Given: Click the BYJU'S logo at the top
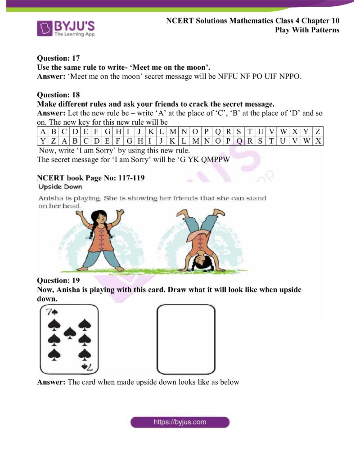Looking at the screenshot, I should coord(66,27).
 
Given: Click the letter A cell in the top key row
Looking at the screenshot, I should coord(42,132).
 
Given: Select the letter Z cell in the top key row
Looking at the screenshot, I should coord(318,132).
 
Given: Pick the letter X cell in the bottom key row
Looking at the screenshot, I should coord(318,141).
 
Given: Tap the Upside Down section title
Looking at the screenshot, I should coord(60,186).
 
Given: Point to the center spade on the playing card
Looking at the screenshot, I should coord(69,333).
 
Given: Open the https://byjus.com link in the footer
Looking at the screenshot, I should coord(180,422).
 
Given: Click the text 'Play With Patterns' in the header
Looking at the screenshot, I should coord(307,30).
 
